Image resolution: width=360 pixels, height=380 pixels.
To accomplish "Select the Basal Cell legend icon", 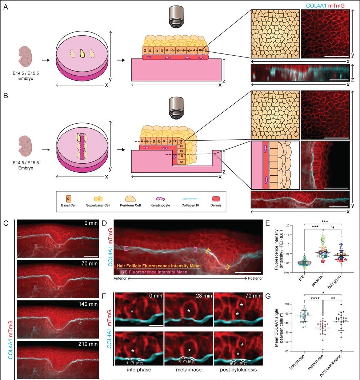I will click(x=69, y=200).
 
